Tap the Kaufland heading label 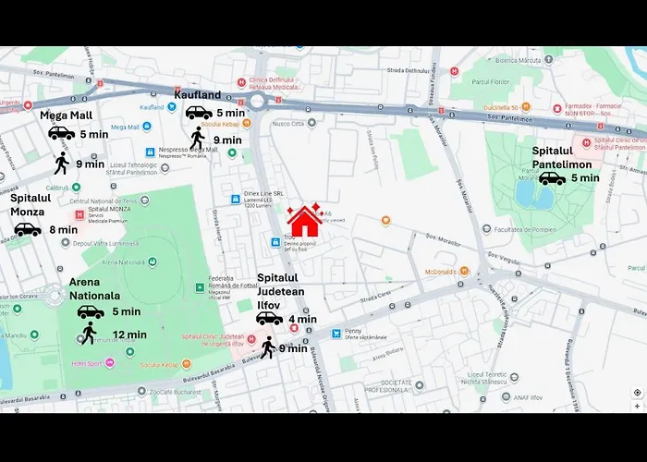pos(198,94)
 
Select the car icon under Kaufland pos(198,113)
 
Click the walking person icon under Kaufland pos(197,138)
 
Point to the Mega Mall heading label pos(66,115)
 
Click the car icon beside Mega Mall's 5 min pos(61,134)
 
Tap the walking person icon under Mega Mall pos(61,164)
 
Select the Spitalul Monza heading pos(35,204)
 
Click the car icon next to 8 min pos(27,229)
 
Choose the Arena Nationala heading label pos(95,289)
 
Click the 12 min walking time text pos(128,334)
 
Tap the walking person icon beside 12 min pos(89,334)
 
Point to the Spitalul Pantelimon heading pos(566,157)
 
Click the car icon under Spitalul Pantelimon pos(552,178)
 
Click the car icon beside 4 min pos(269,319)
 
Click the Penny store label pos(353,331)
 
